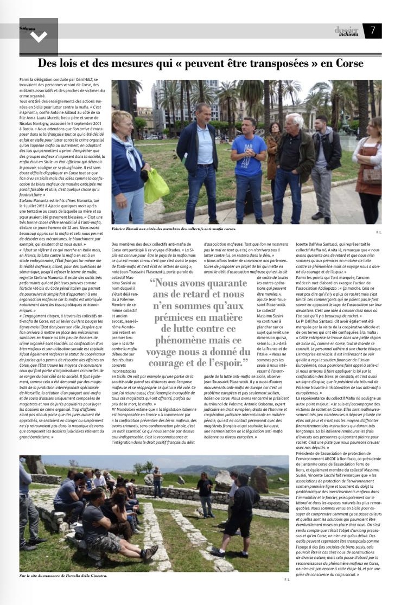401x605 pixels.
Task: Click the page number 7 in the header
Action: tap(373, 31)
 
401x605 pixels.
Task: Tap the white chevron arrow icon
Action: tap(39, 36)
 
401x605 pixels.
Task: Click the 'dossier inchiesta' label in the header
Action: tap(346, 31)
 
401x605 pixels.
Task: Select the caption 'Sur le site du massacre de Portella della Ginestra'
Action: tap(63, 576)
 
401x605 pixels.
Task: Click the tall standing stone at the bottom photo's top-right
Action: tap(258, 480)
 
